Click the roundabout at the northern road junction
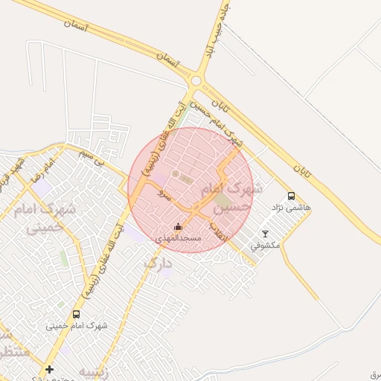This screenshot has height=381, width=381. pos(196,80)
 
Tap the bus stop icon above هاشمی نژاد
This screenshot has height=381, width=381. pos(291,196)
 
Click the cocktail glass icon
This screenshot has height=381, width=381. pos(265,234)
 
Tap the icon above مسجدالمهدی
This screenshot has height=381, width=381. pos(178,227)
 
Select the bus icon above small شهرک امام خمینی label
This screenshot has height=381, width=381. pos(76,315)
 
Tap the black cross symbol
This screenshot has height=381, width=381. pos(50,369)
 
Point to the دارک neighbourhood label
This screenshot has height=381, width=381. pos(157,263)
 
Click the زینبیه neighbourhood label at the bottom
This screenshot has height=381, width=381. pos(95,373)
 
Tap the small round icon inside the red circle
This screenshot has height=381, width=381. pos(176,174)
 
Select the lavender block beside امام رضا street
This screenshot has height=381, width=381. pos(40,185)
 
